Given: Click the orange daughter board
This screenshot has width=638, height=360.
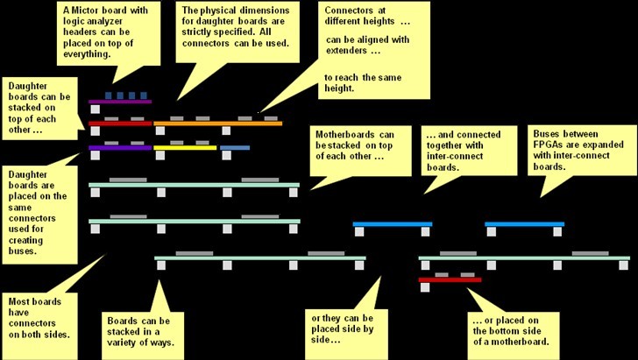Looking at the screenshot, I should click(x=218, y=124).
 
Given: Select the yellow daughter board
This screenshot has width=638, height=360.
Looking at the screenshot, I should click(x=185, y=147).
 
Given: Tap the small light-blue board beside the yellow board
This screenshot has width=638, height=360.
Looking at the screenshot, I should click(x=235, y=147).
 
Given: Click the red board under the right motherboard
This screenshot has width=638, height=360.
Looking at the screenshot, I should click(x=449, y=280).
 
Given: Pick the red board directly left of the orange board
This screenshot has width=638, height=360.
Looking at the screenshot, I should click(x=120, y=124).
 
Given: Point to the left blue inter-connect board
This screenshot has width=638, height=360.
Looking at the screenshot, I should click(x=392, y=224).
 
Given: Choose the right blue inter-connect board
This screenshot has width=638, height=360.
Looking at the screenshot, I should click(x=524, y=224).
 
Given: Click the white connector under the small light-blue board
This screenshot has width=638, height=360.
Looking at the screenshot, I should click(x=226, y=156).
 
